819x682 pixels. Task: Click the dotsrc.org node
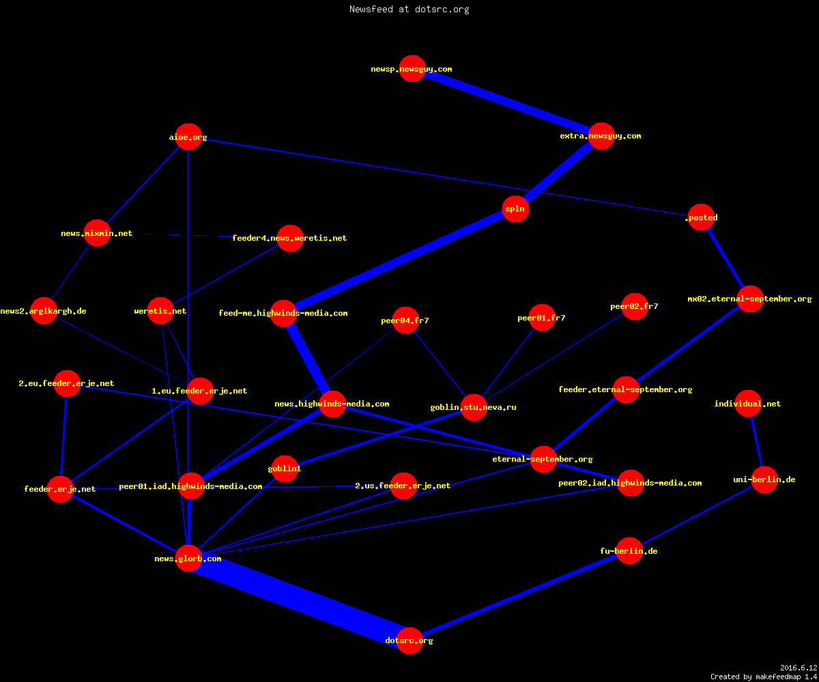(x=409, y=640)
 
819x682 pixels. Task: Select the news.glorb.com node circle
(x=188, y=558)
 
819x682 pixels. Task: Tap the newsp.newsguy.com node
(x=412, y=69)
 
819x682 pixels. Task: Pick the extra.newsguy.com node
(x=601, y=136)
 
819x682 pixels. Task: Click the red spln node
(x=515, y=209)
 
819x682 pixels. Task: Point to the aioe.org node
(x=188, y=137)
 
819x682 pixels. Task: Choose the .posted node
(x=702, y=217)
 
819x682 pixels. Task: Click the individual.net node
(x=749, y=403)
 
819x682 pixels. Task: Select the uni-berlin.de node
(x=764, y=479)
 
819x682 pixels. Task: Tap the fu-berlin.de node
(x=629, y=550)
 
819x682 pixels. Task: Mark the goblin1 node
(x=285, y=469)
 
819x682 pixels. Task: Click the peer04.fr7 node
(x=405, y=321)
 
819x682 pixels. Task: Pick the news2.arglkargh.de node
(x=44, y=311)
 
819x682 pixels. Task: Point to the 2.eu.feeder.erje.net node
(x=67, y=383)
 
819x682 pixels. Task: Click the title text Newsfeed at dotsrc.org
(x=409, y=9)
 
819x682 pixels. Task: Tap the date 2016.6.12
(x=799, y=668)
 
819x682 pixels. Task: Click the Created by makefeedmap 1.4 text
(x=764, y=677)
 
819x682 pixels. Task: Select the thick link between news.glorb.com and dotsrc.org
(x=300, y=599)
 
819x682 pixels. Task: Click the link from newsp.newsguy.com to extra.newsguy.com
(x=507, y=102)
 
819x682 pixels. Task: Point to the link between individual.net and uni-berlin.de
(x=757, y=441)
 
